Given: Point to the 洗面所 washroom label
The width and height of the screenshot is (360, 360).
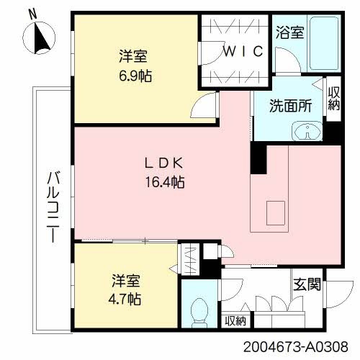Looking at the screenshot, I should [x=290, y=105].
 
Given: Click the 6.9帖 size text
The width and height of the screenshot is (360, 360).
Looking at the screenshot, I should [x=135, y=75].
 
